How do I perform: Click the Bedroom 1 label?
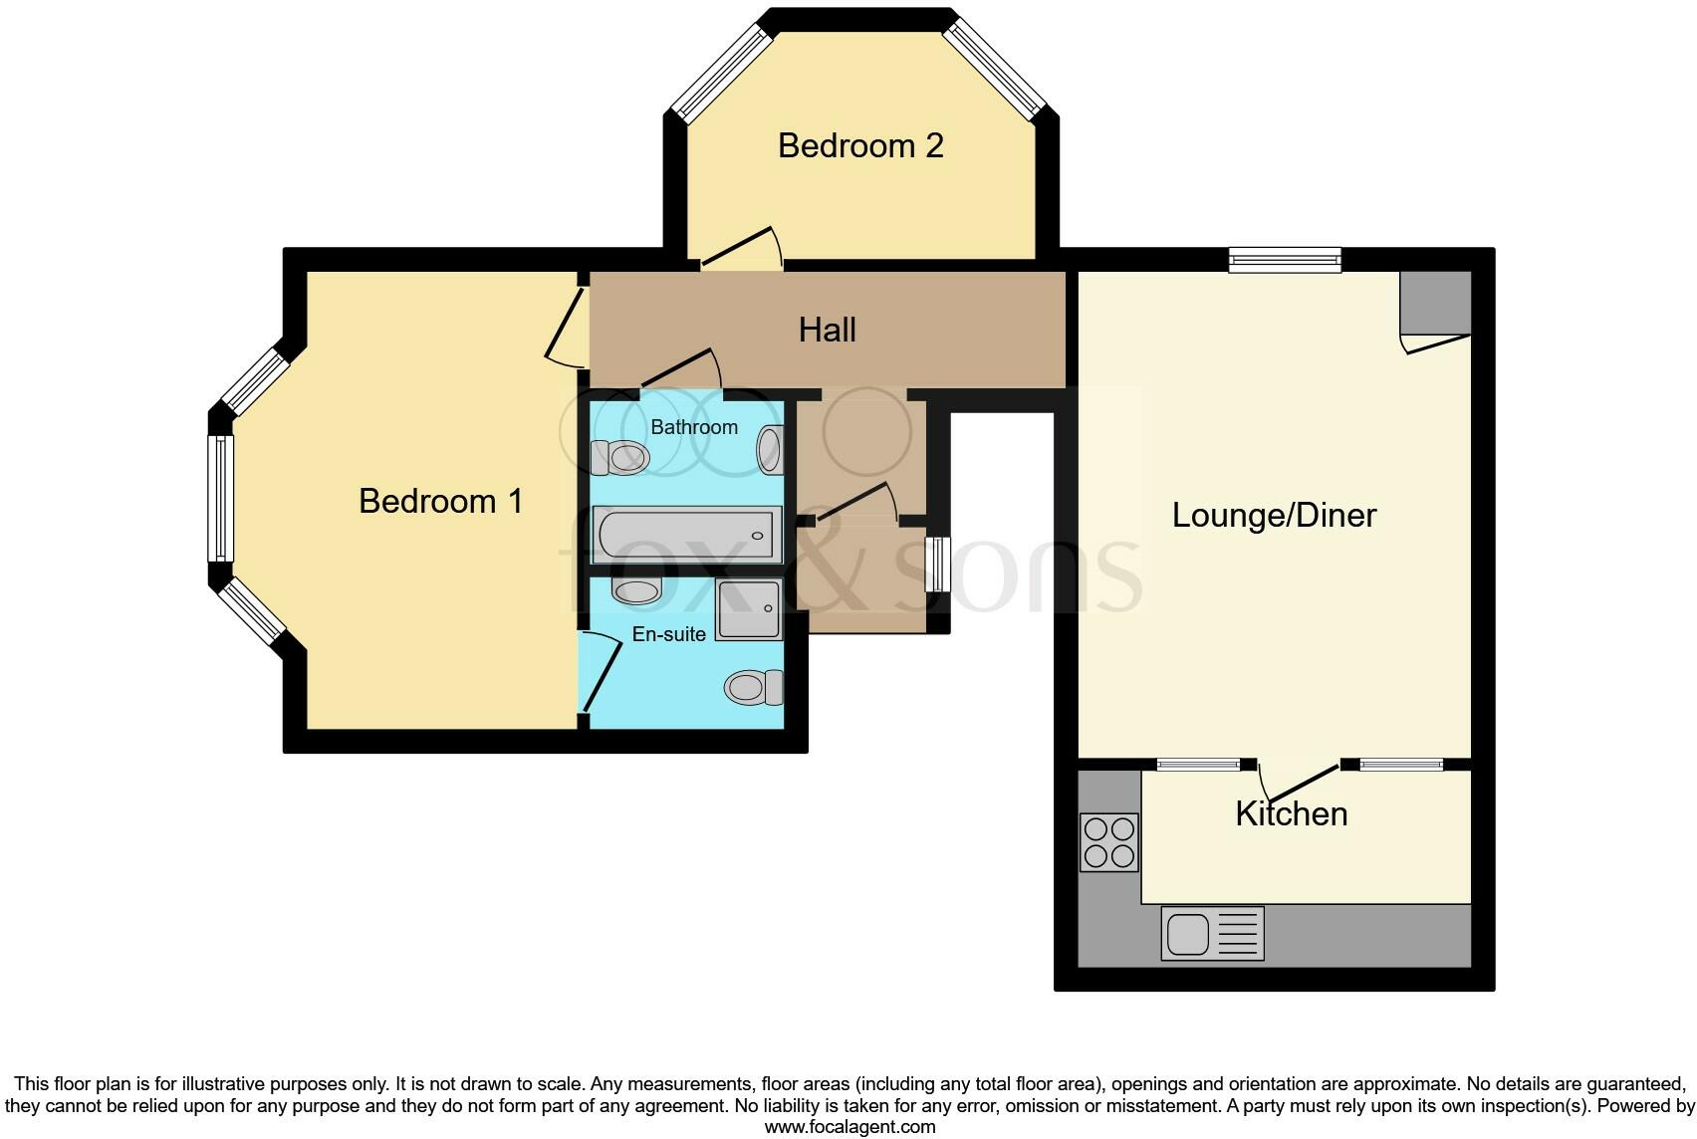coord(441,502)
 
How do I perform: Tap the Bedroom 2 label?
coord(860,146)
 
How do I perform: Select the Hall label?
coord(828,331)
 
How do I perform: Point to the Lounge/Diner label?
coord(1275,516)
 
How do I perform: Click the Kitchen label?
coord(1292,814)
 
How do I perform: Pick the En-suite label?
coord(669,634)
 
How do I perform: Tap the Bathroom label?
coord(694,427)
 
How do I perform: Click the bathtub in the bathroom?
coord(686,535)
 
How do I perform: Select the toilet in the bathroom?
coord(619,457)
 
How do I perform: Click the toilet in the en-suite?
coord(754,688)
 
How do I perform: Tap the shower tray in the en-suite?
coord(749,609)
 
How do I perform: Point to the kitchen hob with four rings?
coord(1109,842)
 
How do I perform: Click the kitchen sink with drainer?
coord(1212,934)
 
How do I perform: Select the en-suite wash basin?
coord(636,590)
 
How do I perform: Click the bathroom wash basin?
coord(770,450)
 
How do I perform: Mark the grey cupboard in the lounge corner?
coord(1436,303)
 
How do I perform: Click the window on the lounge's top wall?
coord(1285,261)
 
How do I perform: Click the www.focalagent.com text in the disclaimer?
coord(850,1127)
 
